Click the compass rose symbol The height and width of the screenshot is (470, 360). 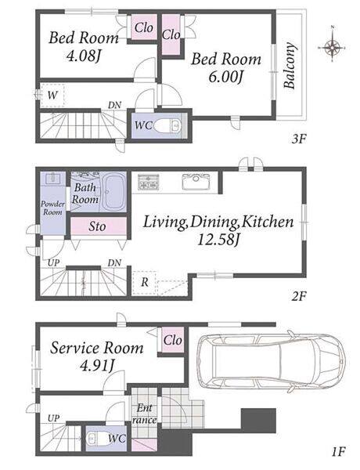point(332,47)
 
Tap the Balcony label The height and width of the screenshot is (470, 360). point(290,66)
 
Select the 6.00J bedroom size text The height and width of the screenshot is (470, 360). point(225,78)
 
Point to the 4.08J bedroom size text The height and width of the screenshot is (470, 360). point(83,56)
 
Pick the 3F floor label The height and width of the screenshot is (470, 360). point(298,139)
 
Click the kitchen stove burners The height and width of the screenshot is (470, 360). point(148,182)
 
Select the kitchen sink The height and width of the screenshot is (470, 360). point(196,182)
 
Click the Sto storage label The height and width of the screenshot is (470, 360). point(97,226)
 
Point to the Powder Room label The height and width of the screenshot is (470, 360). point(52,208)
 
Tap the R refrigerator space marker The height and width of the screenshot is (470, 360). point(144,282)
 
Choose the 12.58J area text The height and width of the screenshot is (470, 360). point(218,240)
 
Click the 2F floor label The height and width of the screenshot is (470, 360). point(298,296)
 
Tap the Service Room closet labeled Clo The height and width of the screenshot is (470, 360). point(173,340)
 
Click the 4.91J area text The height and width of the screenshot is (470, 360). point(97,366)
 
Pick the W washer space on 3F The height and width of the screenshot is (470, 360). point(52,96)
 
